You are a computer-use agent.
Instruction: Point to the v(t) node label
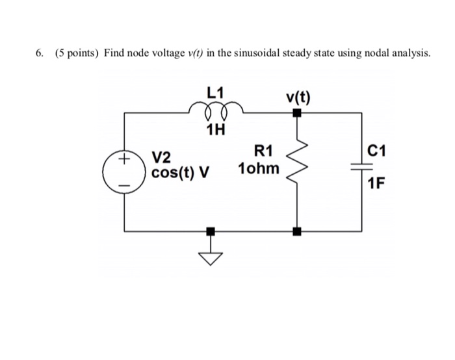[x=298, y=98]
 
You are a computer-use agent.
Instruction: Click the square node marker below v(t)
[x=297, y=113]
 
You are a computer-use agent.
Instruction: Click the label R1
[x=263, y=152]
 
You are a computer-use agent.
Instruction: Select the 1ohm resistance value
[x=259, y=170]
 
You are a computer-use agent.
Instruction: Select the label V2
[x=161, y=157]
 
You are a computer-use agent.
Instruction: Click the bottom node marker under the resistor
[x=297, y=231]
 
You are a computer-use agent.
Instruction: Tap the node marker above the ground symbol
[x=209, y=231]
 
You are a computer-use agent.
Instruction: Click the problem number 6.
[x=40, y=53]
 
